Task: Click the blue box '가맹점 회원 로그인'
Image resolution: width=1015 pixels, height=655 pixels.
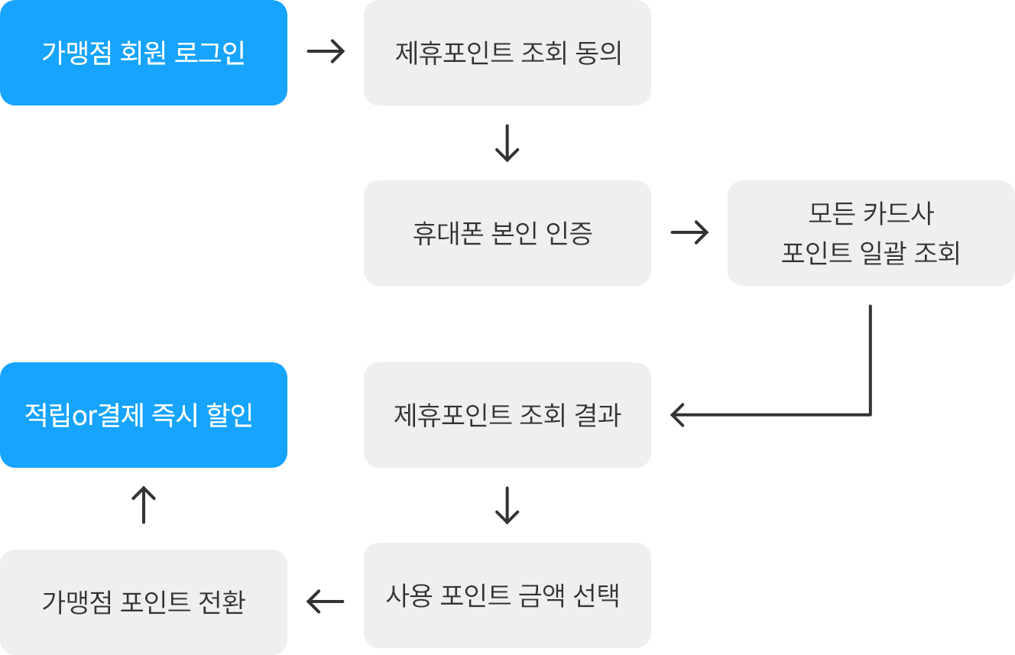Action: point(144,53)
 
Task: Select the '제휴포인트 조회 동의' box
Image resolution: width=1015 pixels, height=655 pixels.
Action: point(507,53)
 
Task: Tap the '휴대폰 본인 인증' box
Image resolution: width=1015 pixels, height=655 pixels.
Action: point(507,233)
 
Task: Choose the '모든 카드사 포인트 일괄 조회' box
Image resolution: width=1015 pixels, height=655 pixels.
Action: point(871,233)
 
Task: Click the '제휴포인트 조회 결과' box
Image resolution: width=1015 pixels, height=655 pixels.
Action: point(507,415)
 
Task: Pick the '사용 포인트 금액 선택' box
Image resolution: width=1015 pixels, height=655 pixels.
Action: point(507,595)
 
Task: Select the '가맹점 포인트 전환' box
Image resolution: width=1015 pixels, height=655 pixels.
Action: point(144,602)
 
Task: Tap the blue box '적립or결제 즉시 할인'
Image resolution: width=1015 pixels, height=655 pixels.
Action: point(144,415)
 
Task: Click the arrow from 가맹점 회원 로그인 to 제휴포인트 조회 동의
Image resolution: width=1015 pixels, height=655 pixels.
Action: point(326,51)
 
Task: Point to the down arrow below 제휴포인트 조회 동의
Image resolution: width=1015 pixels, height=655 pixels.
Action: point(507,143)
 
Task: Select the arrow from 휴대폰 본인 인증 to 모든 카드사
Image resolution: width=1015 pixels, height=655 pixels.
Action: point(689,232)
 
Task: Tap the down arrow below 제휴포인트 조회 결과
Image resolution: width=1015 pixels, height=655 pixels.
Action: point(507,505)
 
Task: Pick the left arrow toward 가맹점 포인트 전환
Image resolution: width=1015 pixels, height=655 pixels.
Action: point(326,601)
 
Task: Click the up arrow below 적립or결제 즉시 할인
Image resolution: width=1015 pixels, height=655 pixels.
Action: point(144,504)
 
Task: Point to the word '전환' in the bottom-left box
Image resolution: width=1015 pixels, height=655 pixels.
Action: point(222,602)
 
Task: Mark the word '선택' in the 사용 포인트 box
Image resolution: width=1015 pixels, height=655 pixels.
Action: point(596,595)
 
